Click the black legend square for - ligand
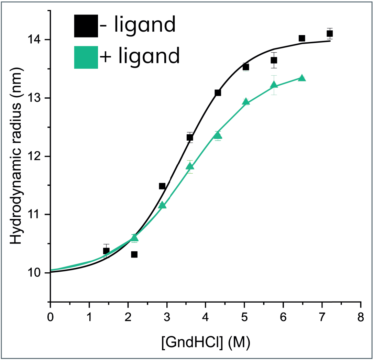[86, 26]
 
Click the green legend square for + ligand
[86, 57]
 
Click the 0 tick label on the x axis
[50, 317]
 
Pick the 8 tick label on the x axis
[361, 317]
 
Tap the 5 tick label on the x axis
[244, 317]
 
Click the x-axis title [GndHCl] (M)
[206, 342]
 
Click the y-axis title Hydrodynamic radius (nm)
[16, 156]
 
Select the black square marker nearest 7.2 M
[329, 34]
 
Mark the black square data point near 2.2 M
[134, 254]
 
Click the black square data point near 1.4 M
[106, 251]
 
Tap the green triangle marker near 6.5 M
[301, 78]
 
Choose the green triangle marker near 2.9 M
[162, 205]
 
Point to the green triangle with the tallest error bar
[274, 85]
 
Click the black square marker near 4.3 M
[218, 93]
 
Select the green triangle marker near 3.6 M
[190, 166]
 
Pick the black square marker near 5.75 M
[274, 60]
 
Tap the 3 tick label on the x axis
[167, 317]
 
